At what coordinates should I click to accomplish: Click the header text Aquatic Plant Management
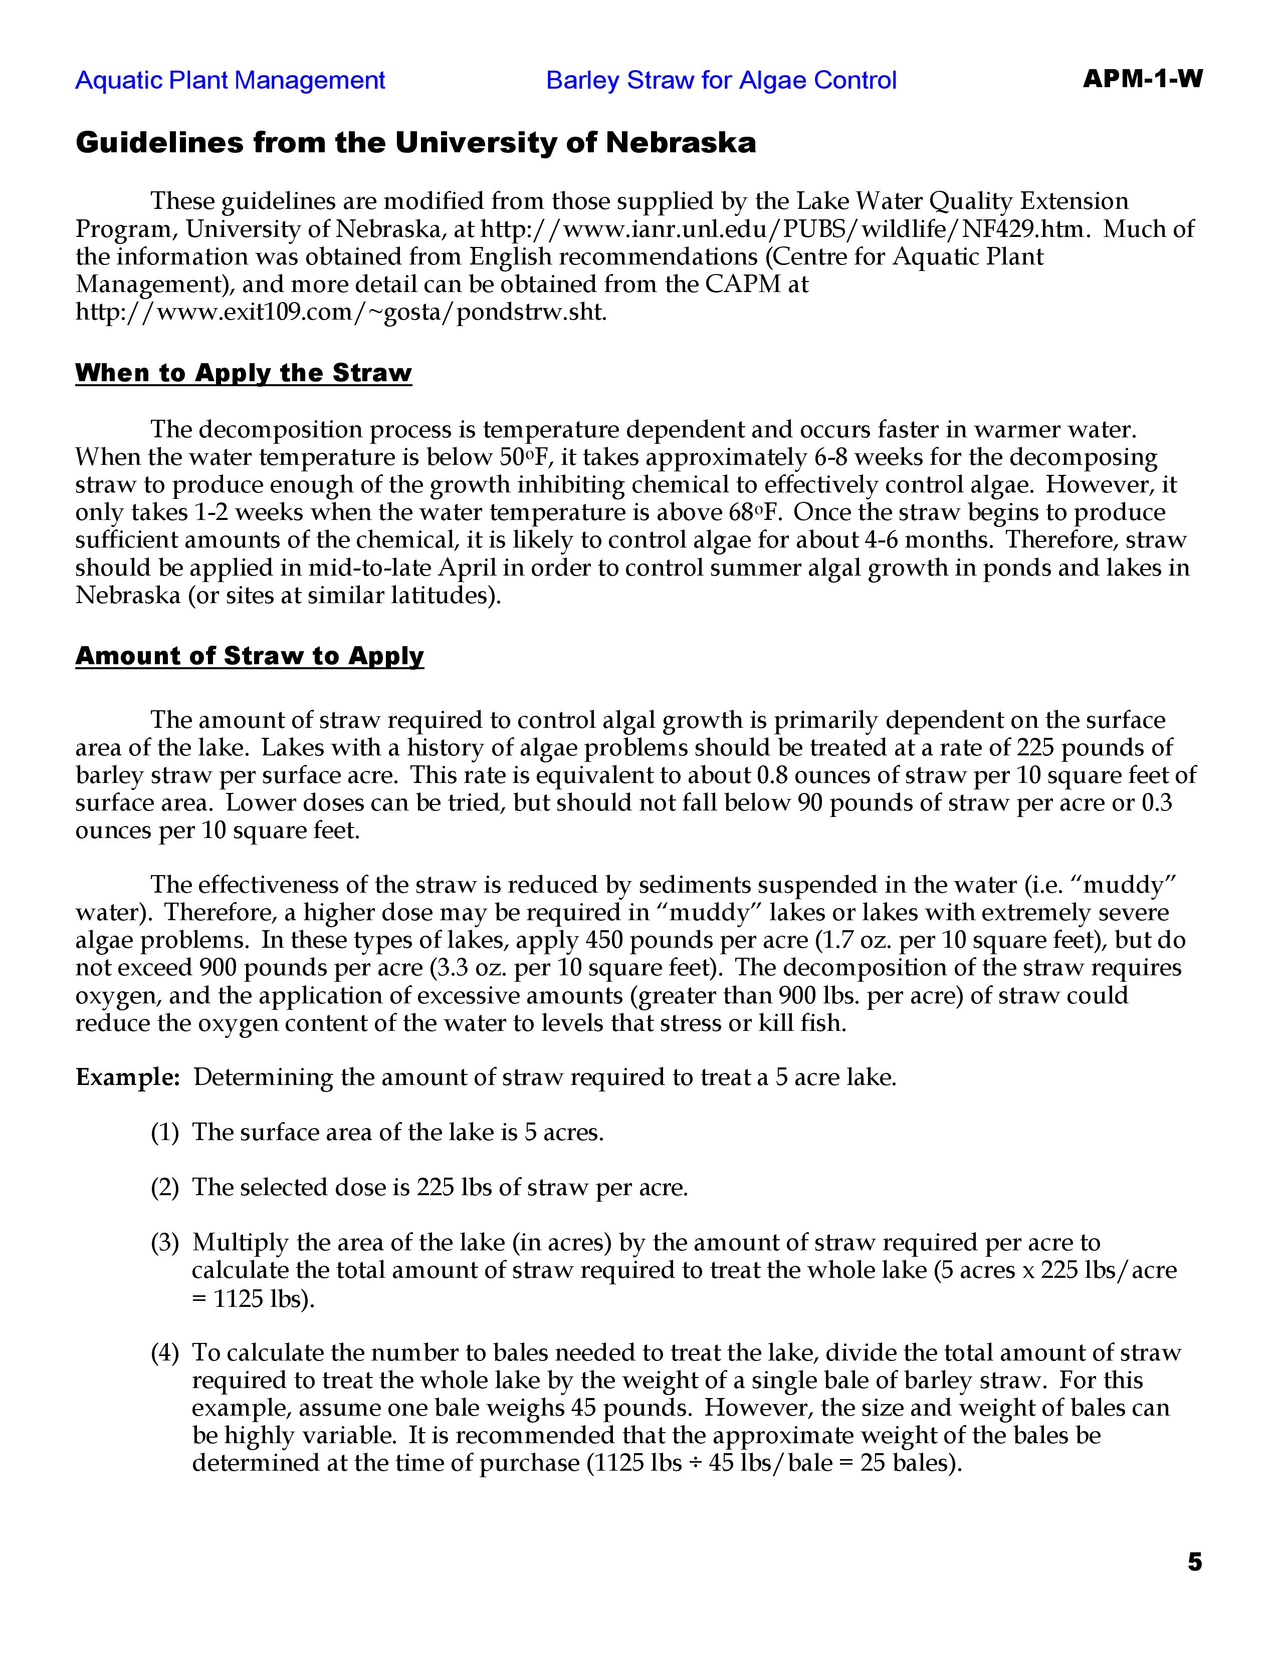click(x=230, y=80)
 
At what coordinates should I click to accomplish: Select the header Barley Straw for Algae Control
click(x=721, y=80)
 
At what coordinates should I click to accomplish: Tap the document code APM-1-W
click(x=1142, y=79)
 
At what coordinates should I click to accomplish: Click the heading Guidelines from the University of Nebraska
click(x=415, y=142)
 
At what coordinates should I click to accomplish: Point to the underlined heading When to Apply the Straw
click(x=243, y=373)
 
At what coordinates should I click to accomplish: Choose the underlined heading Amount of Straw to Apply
click(x=249, y=656)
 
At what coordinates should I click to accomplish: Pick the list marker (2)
click(x=165, y=1188)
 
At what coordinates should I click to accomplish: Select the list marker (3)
click(x=165, y=1243)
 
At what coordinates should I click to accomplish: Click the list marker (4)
click(x=165, y=1352)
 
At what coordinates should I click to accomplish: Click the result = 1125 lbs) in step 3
click(x=253, y=1299)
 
